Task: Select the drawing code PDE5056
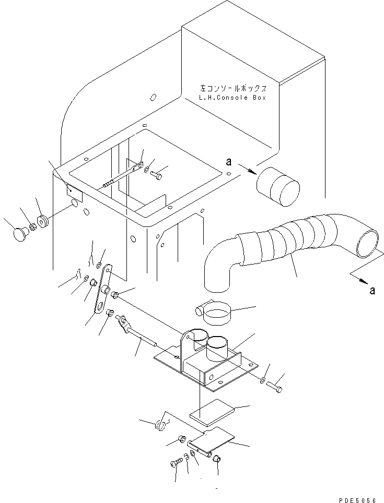pyautogui.click(x=357, y=500)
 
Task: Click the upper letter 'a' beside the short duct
pyautogui.click(x=229, y=162)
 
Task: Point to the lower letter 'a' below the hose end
pyautogui.click(x=372, y=290)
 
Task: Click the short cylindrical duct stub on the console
pyautogui.click(x=278, y=187)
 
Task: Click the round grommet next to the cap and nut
pyautogui.click(x=42, y=222)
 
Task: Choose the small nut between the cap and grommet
pyautogui.click(x=32, y=227)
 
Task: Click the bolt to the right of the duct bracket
pyautogui.click(x=274, y=386)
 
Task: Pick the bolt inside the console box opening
pyautogui.click(x=157, y=174)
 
